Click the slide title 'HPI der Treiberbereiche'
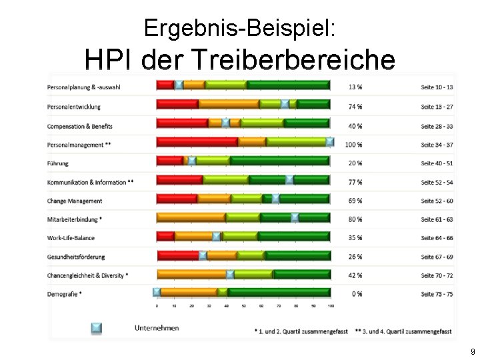pyautogui.click(x=239, y=61)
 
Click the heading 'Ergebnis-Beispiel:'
pyautogui.click(x=239, y=28)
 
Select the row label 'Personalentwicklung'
pyautogui.click(x=74, y=107)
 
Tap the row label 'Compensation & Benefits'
pyautogui.click(x=80, y=126)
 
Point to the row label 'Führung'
pyautogui.click(x=58, y=163)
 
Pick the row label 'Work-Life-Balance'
pyautogui.click(x=71, y=238)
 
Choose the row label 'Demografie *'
pyautogui.click(x=65, y=294)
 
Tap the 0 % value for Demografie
pyautogui.click(x=357, y=294)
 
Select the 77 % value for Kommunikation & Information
pyautogui.click(x=355, y=182)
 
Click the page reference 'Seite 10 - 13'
pyautogui.click(x=437, y=88)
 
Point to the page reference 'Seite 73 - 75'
pyautogui.click(x=437, y=294)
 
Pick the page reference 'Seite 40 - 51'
pyautogui.click(x=437, y=163)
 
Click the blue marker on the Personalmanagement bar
pyautogui.click(x=330, y=141)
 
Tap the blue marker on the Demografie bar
pyautogui.click(x=157, y=291)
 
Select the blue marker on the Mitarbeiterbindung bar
pyautogui.click(x=295, y=217)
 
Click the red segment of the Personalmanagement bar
pyautogui.click(x=197, y=142)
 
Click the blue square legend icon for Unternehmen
pyautogui.click(x=97, y=327)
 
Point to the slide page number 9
pyautogui.click(x=473, y=351)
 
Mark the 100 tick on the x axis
pyautogui.click(x=331, y=306)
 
